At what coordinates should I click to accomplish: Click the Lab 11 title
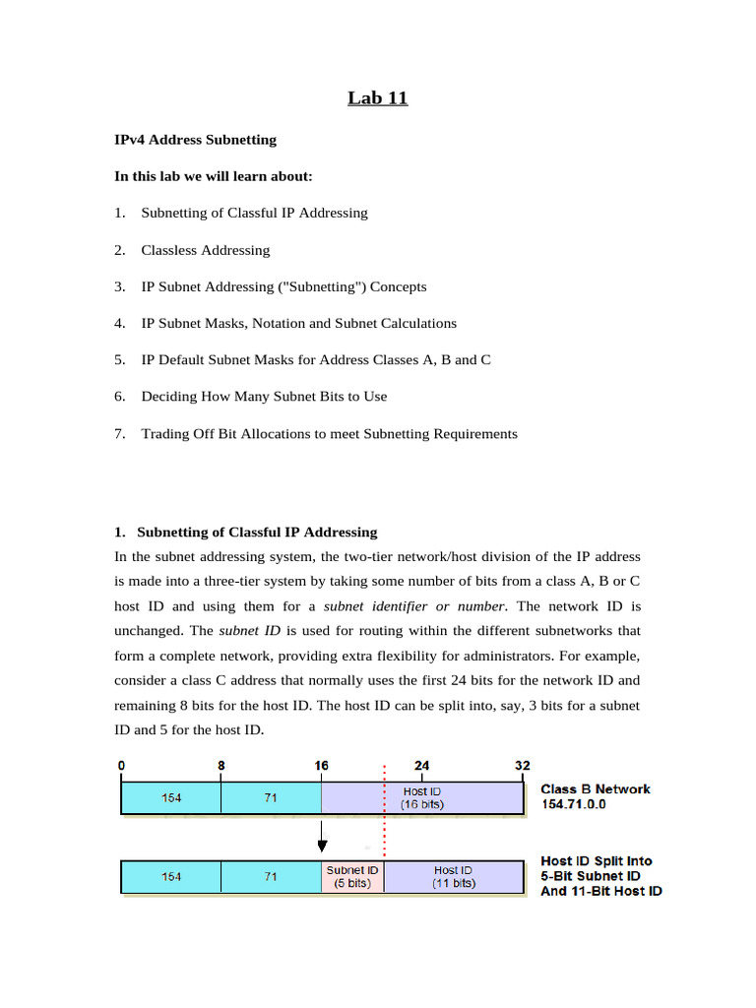pyautogui.click(x=377, y=97)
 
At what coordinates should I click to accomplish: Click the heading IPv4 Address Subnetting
pyautogui.click(x=195, y=140)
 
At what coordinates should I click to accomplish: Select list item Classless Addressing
pyautogui.click(x=205, y=250)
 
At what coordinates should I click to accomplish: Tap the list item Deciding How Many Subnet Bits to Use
pyautogui.click(x=264, y=397)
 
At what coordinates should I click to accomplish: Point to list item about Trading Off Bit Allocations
pyautogui.click(x=329, y=434)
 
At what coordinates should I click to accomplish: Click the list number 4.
pyautogui.click(x=119, y=324)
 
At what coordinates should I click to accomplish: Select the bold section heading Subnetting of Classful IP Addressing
pyautogui.click(x=256, y=533)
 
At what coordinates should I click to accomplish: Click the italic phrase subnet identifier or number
pyautogui.click(x=414, y=606)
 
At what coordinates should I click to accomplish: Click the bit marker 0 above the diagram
pyautogui.click(x=121, y=766)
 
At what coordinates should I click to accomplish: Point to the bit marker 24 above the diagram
pyautogui.click(x=421, y=766)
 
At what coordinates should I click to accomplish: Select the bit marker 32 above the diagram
pyautogui.click(x=523, y=766)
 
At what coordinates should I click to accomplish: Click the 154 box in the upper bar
pyautogui.click(x=171, y=798)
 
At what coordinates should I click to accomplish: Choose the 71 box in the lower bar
pyautogui.click(x=271, y=877)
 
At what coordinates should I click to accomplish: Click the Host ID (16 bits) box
pyautogui.click(x=422, y=798)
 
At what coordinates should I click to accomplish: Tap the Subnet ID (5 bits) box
pyautogui.click(x=352, y=877)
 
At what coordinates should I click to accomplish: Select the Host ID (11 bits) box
pyautogui.click(x=454, y=877)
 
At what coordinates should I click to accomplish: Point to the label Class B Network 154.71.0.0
pyautogui.click(x=596, y=796)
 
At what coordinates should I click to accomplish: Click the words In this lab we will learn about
pyautogui.click(x=214, y=176)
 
